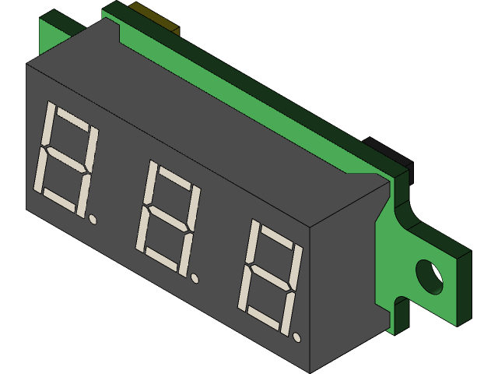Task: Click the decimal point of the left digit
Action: [93, 219]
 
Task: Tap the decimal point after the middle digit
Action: [195, 277]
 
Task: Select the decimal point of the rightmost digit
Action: [297, 337]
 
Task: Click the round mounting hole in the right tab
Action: [429, 277]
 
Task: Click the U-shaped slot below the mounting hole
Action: [398, 309]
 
